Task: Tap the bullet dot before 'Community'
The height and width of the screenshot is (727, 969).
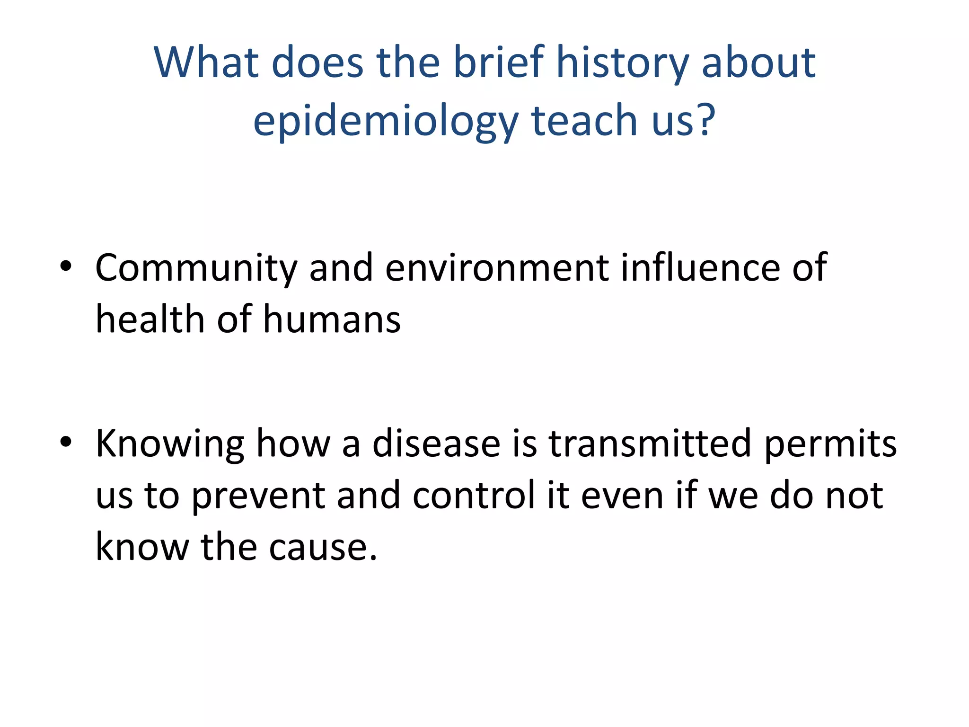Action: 66,266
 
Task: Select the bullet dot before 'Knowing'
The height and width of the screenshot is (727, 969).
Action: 66,442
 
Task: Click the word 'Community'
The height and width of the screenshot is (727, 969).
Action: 196,268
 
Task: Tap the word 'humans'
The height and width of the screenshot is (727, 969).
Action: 332,319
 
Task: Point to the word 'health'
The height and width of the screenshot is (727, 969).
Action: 150,319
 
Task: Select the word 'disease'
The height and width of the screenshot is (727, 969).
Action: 436,444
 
